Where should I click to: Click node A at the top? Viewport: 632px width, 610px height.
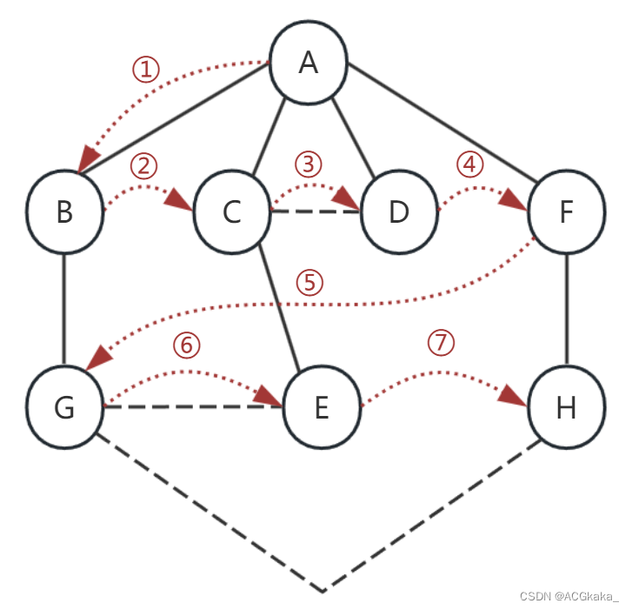coord(309,63)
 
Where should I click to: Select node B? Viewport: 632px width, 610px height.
coord(64,211)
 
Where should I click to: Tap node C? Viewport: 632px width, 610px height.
coord(231,211)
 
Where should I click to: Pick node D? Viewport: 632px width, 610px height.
coord(398,211)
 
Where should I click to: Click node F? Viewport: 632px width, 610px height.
coord(566,211)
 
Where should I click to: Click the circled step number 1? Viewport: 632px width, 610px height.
coord(146,70)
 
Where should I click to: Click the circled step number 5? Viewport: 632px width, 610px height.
coord(309,283)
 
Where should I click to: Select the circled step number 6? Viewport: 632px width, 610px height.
coord(186,345)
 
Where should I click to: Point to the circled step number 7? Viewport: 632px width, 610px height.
coord(442,343)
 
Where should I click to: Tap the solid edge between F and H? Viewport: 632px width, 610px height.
coord(567,309)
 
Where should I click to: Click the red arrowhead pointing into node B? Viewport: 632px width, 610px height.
coord(86,160)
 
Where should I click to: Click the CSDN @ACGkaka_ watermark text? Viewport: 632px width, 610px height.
coord(569,596)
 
